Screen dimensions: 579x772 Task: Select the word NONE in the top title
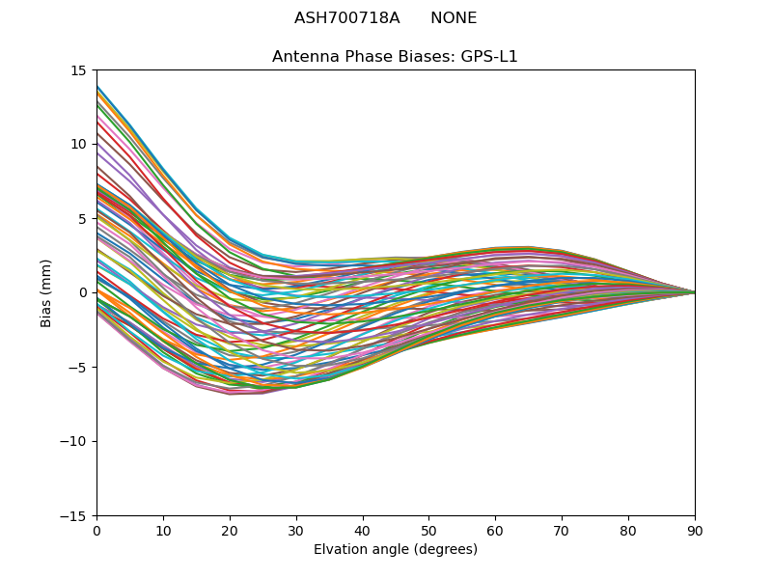454,18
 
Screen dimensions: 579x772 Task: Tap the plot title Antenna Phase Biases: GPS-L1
395,57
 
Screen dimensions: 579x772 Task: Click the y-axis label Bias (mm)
46,292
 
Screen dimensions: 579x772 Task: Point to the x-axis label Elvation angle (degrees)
395,550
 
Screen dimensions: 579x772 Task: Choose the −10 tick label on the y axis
75,442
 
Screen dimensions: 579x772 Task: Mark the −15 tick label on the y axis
75,516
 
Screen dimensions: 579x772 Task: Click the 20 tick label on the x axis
230,531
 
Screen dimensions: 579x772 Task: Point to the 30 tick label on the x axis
296,531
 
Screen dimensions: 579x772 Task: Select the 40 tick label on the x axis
363,531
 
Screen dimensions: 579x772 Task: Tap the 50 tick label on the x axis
428,531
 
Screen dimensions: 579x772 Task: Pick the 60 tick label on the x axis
495,531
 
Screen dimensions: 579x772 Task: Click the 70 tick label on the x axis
562,531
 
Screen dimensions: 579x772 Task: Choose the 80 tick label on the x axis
628,531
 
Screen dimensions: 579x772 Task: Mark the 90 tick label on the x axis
695,531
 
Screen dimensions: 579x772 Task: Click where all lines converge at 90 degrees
694,292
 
